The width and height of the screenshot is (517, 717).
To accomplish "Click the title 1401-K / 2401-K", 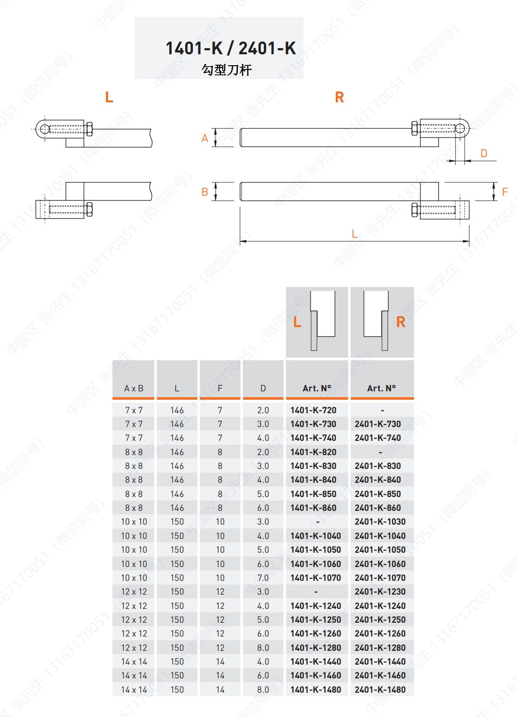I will pyautogui.click(x=230, y=48).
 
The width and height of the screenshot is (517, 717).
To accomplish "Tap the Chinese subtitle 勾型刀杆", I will pyautogui.click(x=226, y=70).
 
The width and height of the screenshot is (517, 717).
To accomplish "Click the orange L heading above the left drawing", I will pyautogui.click(x=109, y=98).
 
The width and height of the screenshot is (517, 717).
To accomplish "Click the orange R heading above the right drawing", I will pyautogui.click(x=339, y=98).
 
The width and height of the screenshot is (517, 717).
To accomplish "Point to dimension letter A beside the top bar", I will pyautogui.click(x=205, y=138).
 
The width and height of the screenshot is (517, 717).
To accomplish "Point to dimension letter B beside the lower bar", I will pyautogui.click(x=205, y=192).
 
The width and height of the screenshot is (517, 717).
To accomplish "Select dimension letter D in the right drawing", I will pyautogui.click(x=484, y=153).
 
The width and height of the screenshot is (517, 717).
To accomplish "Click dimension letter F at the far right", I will pyautogui.click(x=505, y=192).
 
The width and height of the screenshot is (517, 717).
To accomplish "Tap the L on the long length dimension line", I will pyautogui.click(x=354, y=234).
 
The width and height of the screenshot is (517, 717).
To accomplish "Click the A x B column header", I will pyautogui.click(x=134, y=388).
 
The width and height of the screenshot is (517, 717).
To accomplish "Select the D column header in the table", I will pyautogui.click(x=263, y=388).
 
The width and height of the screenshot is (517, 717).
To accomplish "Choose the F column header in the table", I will pyautogui.click(x=220, y=388).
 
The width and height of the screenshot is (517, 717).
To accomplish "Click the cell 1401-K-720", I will pyautogui.click(x=313, y=410).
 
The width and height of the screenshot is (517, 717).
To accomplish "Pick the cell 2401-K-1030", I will pyautogui.click(x=380, y=522).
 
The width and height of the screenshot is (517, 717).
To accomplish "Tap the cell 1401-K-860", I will pyautogui.click(x=313, y=508).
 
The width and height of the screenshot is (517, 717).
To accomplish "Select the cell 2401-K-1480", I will pyautogui.click(x=380, y=689).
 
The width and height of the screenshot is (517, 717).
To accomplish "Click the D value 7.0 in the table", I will pyautogui.click(x=263, y=578).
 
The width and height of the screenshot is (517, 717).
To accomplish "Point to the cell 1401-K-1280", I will pyautogui.click(x=316, y=647).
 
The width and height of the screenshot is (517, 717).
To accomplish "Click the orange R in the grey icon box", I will pyautogui.click(x=400, y=322).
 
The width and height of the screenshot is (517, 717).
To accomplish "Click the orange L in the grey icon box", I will pyautogui.click(x=297, y=322).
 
